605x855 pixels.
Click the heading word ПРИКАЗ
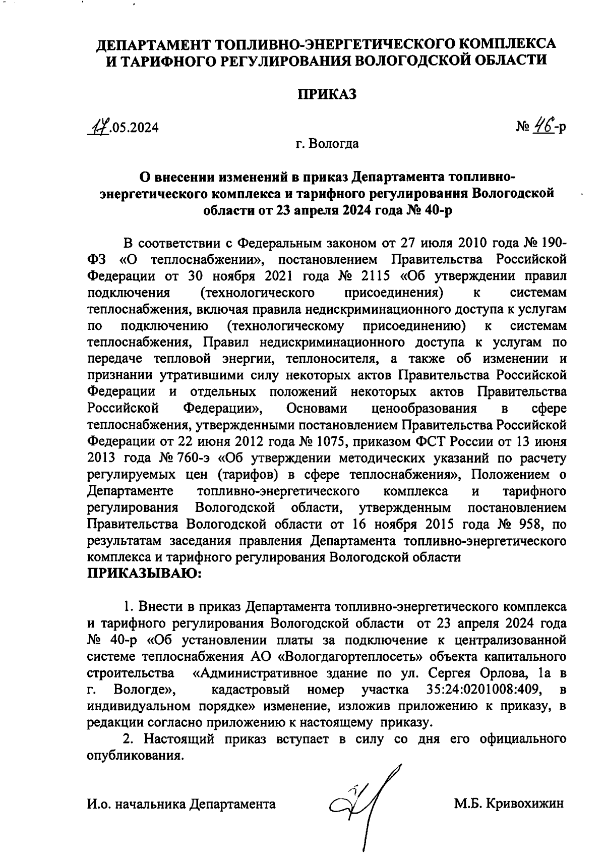tap(326, 94)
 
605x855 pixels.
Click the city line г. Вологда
tap(327, 144)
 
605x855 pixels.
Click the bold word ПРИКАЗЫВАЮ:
tap(145, 574)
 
